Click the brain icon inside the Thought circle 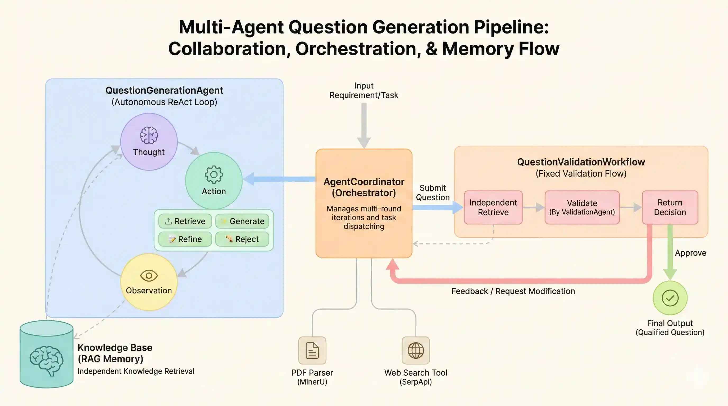pos(149,135)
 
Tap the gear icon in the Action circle pos(214,174)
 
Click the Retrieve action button pos(185,221)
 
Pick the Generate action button pos(242,221)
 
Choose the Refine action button pos(185,239)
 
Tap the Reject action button pos(242,239)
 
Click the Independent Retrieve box pos(493,207)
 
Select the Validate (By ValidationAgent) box pos(582,207)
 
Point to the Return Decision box pos(670,207)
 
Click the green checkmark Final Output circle pos(670,298)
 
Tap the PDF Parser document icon pos(312,350)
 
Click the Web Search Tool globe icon pos(416,350)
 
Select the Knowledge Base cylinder pos(47,355)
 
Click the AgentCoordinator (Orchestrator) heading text pos(364,187)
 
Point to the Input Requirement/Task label pos(364,90)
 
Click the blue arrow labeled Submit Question pos(437,207)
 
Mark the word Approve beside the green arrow pos(690,253)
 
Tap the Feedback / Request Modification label pos(513,291)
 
